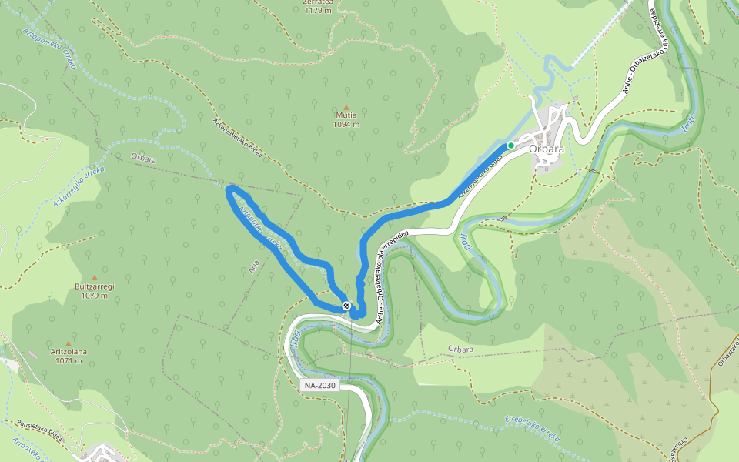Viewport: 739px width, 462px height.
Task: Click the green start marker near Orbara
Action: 510,145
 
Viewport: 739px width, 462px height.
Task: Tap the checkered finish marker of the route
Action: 347,306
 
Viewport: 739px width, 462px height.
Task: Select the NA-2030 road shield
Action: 319,385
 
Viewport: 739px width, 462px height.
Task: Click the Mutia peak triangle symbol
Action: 346,109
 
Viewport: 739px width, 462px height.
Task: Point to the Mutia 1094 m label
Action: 346,119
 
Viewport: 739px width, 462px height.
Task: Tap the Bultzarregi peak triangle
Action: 95,278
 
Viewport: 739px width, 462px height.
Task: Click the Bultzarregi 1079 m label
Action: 95,290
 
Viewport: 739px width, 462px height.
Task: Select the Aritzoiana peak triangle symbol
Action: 69,344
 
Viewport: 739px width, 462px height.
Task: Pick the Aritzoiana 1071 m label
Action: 69,356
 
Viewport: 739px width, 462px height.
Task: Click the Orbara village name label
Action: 547,149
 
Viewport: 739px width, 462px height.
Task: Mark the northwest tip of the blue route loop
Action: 229,189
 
